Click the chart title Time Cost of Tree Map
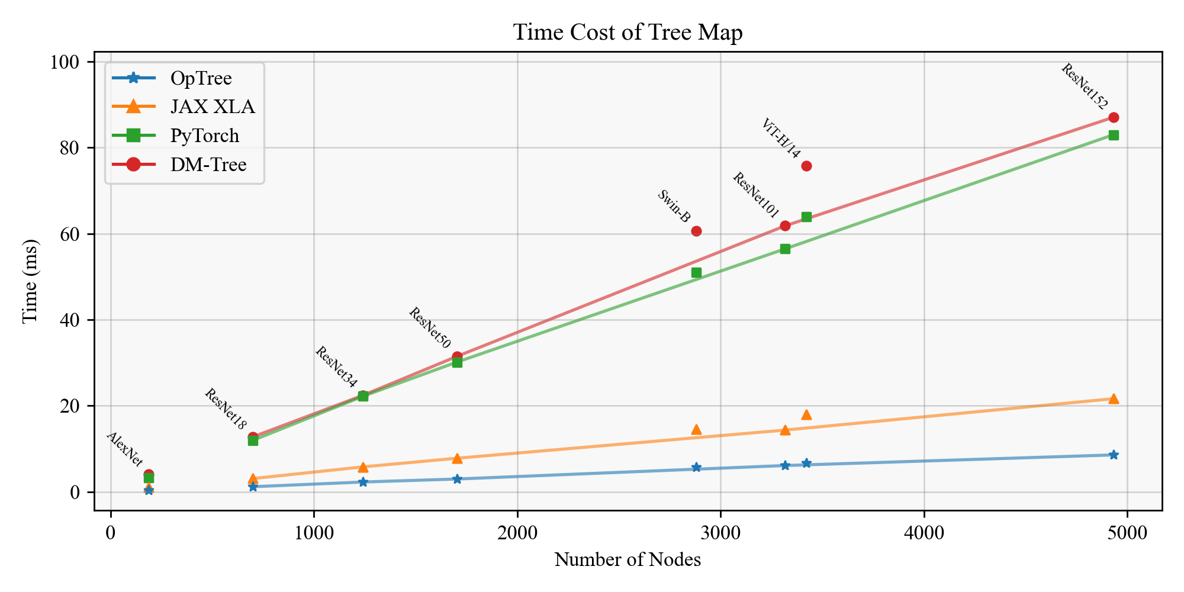point(628,33)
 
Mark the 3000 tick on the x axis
point(720,532)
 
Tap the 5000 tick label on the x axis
point(1127,532)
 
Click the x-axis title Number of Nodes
point(628,559)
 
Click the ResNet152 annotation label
point(1084,87)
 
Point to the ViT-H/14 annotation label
point(780,139)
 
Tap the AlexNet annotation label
point(124,449)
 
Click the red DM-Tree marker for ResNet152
point(1114,117)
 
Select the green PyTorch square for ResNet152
point(1114,135)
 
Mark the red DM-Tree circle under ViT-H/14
point(806,166)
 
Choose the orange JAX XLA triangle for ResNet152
point(1114,398)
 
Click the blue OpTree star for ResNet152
point(1114,455)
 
